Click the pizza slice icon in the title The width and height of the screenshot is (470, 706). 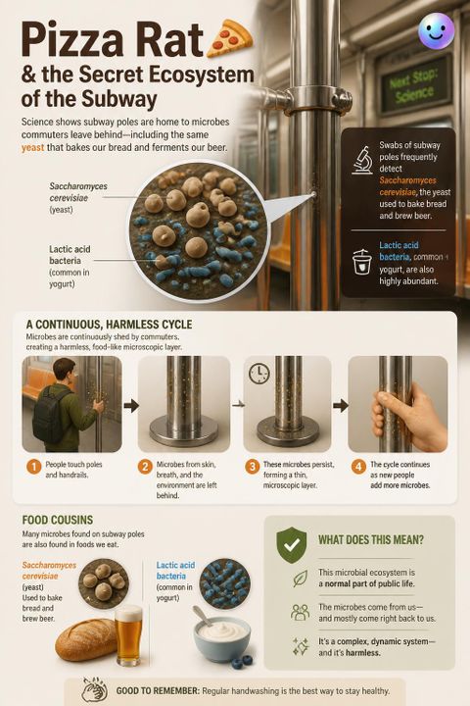(229, 37)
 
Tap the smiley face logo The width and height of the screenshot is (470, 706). (436, 31)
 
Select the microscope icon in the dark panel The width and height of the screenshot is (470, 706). (362, 160)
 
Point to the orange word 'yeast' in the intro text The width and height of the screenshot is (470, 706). (33, 147)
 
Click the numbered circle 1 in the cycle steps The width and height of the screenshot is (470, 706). (33, 467)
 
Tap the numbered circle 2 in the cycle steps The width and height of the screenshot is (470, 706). (144, 467)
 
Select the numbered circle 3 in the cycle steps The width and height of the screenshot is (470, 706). (252, 467)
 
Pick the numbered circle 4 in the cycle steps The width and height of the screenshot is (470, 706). (358, 467)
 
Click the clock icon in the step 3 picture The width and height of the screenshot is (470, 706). (259, 374)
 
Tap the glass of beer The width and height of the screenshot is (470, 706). (128, 634)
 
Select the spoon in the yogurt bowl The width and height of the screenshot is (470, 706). (202, 617)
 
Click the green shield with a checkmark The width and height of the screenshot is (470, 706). (292, 545)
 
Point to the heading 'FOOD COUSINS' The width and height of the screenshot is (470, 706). (58, 520)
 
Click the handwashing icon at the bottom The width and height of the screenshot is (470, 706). (94, 690)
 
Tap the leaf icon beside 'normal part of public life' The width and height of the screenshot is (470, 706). (300, 579)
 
